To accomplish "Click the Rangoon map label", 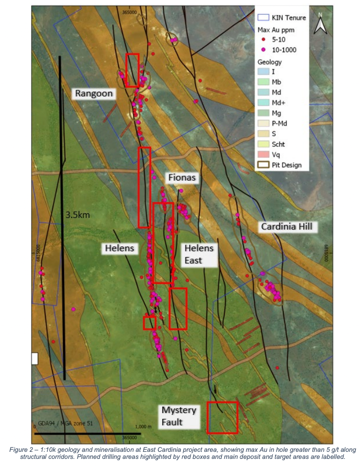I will tap(94, 93).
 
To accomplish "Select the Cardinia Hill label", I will tap(286, 227).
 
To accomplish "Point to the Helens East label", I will tap(199, 254).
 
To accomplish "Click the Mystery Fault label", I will tap(178, 416).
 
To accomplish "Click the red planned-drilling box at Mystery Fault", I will tap(222, 417).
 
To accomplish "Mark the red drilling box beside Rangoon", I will tap(132, 70).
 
